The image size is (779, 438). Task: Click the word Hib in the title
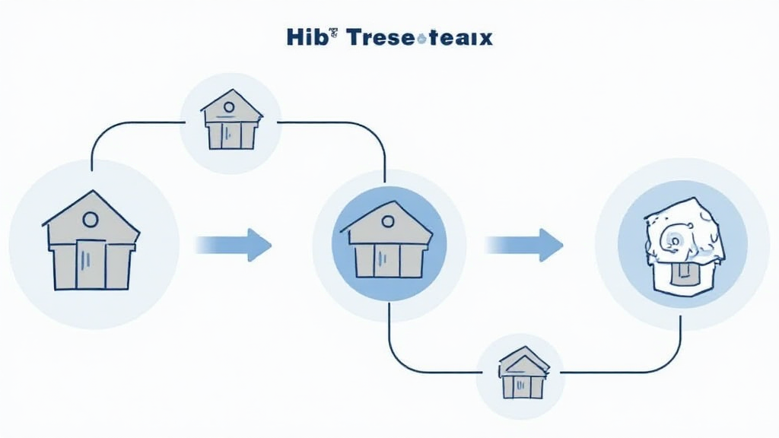click(305, 37)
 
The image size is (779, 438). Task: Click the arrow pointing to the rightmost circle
click(525, 245)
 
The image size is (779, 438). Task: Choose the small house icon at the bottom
click(523, 373)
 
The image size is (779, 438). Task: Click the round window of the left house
click(90, 221)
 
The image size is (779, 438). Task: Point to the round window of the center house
click(388, 221)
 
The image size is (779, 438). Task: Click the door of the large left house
click(91, 264)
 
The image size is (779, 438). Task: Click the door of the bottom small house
click(523, 386)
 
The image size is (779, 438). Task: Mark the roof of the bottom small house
click(523, 359)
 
